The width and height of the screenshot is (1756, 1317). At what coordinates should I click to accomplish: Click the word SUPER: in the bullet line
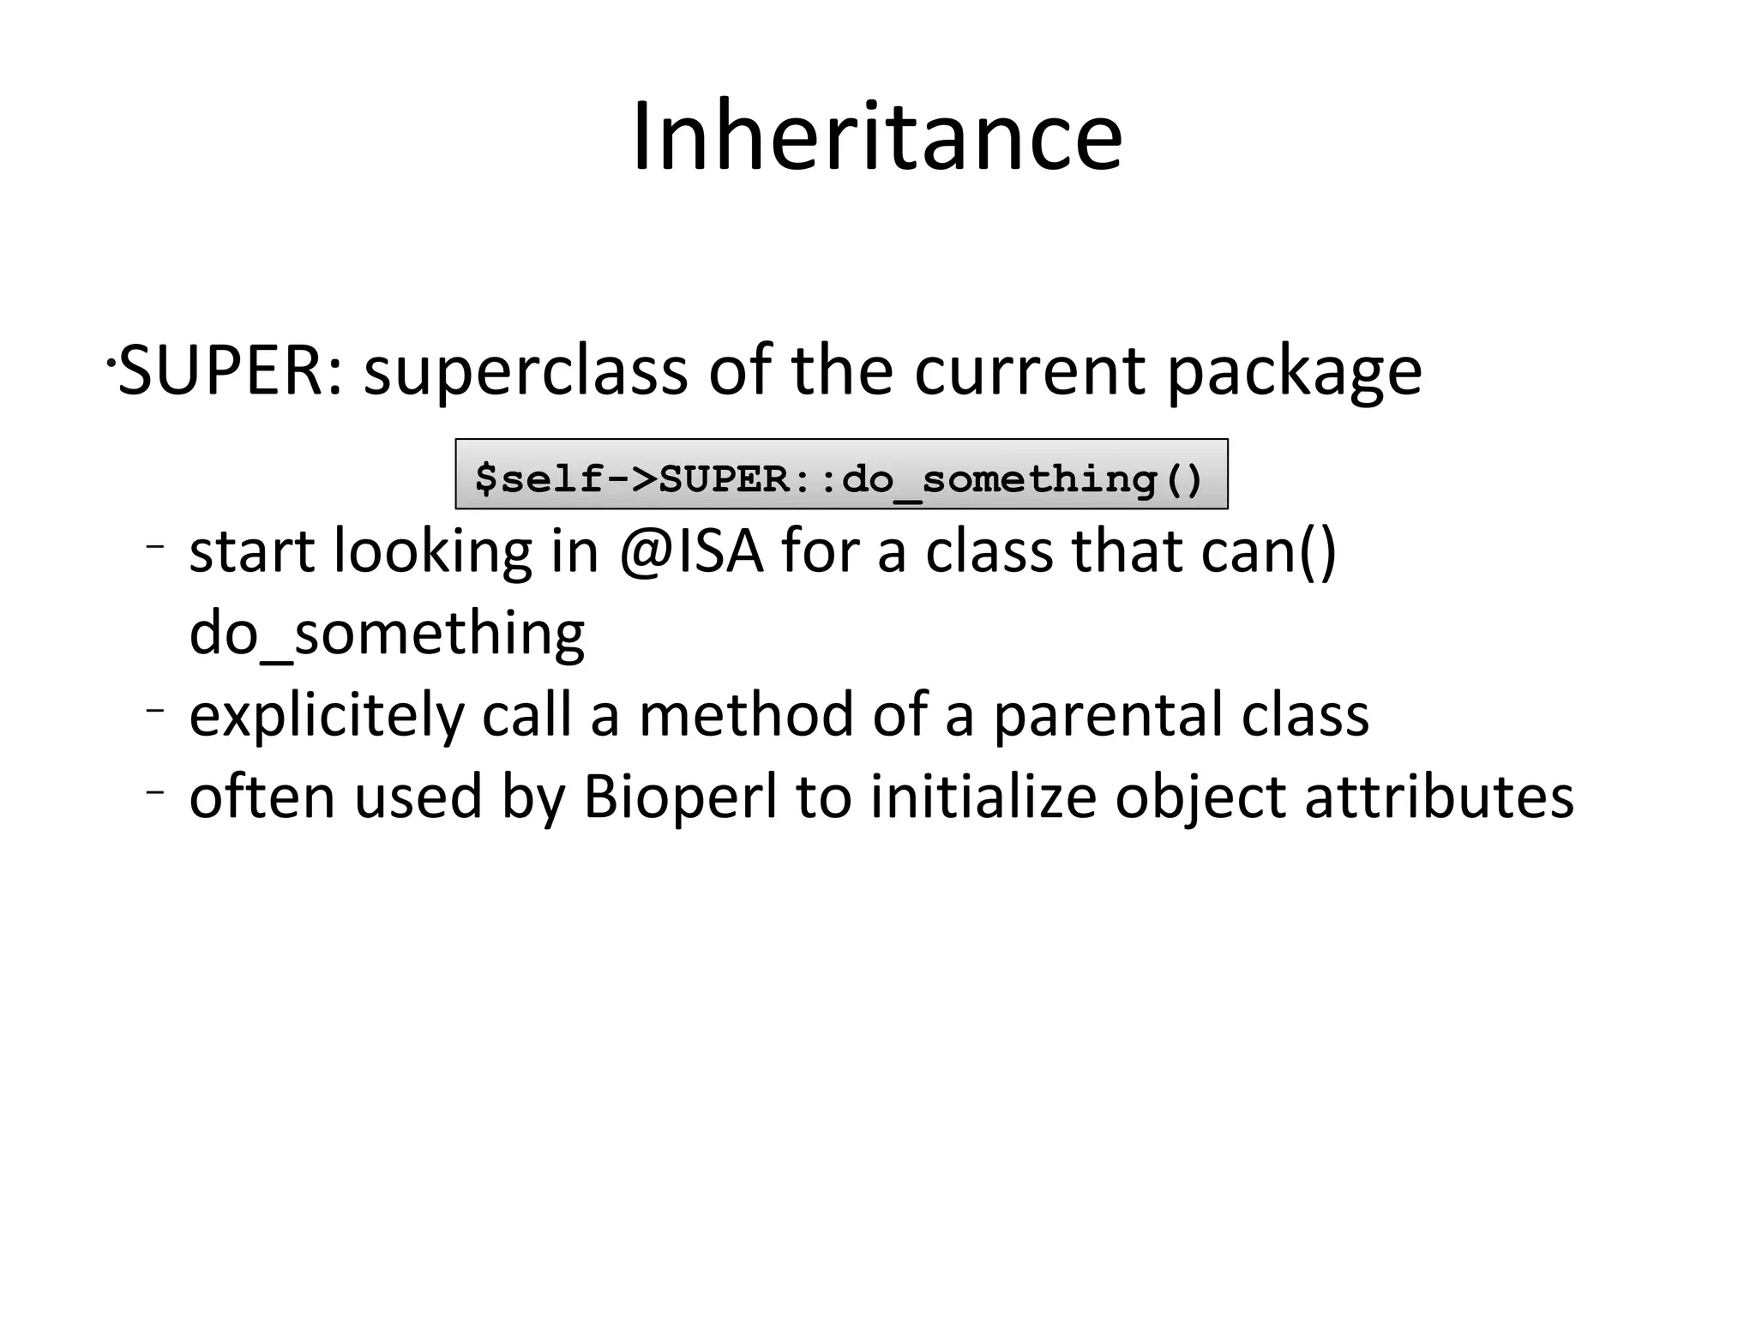pos(230,370)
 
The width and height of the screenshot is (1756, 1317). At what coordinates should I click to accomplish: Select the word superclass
pos(525,370)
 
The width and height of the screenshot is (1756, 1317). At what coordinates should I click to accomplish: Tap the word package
pos(1294,372)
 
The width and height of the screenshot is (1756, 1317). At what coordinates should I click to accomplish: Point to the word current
pos(1030,372)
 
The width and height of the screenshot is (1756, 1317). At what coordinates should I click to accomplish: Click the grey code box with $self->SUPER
pos(840,474)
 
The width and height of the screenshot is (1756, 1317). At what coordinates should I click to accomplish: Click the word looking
pos(433,552)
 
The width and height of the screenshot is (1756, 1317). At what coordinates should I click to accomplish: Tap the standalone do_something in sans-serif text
pos(387,634)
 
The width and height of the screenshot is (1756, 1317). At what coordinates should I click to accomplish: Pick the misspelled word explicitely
pos(326,716)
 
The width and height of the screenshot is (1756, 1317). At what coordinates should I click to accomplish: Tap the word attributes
pos(1439,797)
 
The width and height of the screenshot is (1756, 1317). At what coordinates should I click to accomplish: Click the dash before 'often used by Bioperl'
pos(154,792)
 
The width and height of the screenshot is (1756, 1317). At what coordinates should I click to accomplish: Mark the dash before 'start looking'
pos(154,546)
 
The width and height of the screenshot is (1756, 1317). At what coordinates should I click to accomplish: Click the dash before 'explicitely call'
pos(154,710)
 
